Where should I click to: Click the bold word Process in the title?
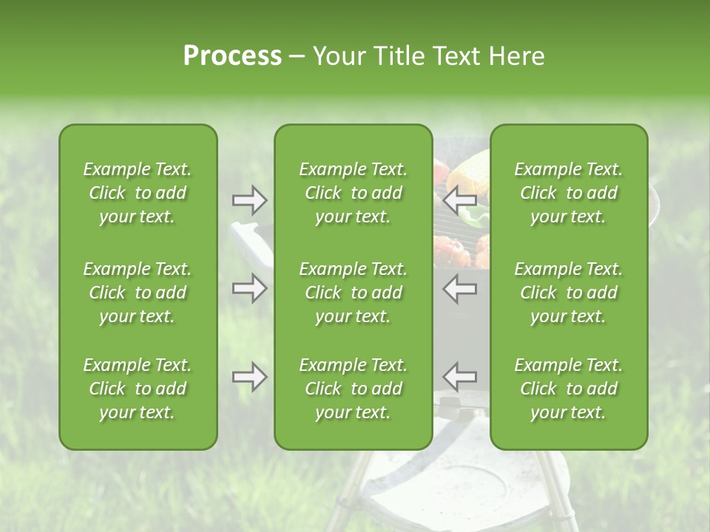pos(232,56)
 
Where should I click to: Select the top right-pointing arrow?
pos(249,199)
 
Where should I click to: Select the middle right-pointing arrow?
pos(249,288)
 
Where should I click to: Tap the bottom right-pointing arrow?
pos(249,377)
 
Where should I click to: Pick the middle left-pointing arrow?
pos(460,288)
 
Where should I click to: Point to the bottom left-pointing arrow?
pos(460,377)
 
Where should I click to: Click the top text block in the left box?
pos(138,193)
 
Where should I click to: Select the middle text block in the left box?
pos(138,293)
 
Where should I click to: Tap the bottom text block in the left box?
pos(138,389)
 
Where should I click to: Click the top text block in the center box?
pos(353,193)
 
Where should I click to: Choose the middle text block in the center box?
pos(353,293)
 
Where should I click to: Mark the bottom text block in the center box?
pos(353,389)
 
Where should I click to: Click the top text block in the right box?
pos(568,193)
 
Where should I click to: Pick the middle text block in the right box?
pos(568,293)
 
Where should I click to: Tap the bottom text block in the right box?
pos(568,389)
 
